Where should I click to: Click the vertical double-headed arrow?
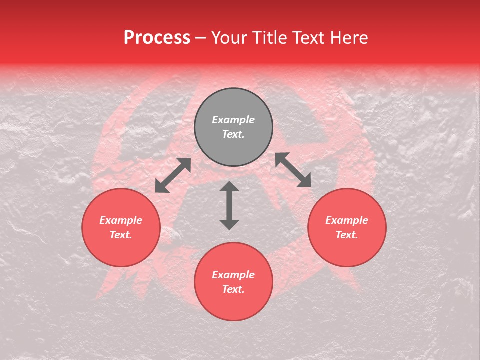pyautogui.click(x=229, y=205)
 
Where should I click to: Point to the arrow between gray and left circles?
pyautogui.click(x=173, y=175)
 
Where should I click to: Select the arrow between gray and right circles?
pyautogui.click(x=293, y=170)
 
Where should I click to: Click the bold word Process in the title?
pyautogui.click(x=157, y=37)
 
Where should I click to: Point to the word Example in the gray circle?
pyautogui.click(x=233, y=120)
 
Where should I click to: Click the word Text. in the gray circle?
pyautogui.click(x=233, y=134)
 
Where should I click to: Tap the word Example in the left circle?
pyautogui.click(x=121, y=220)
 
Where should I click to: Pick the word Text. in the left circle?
pyautogui.click(x=121, y=235)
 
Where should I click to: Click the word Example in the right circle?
pyautogui.click(x=347, y=220)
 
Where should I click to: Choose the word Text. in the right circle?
pyautogui.click(x=347, y=235)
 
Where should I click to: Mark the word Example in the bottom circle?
pyautogui.click(x=233, y=275)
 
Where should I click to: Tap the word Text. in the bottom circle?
pyautogui.click(x=233, y=289)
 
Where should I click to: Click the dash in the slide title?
pyautogui.click(x=201, y=38)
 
